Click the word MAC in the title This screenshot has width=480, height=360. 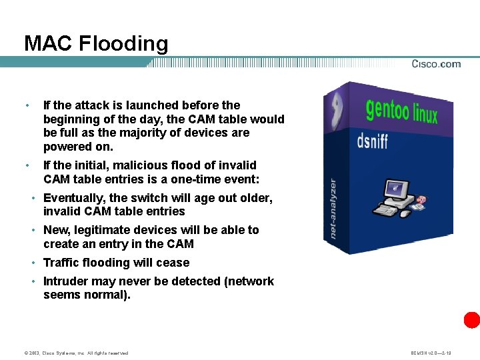click(x=48, y=44)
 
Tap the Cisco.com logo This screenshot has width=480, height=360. click(x=436, y=64)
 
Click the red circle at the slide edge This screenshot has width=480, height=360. click(x=472, y=319)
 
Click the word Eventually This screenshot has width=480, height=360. click(x=73, y=198)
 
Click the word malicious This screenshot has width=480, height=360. click(x=130, y=165)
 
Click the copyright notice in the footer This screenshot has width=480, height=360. click(x=76, y=353)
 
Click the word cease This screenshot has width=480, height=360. click(x=173, y=263)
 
